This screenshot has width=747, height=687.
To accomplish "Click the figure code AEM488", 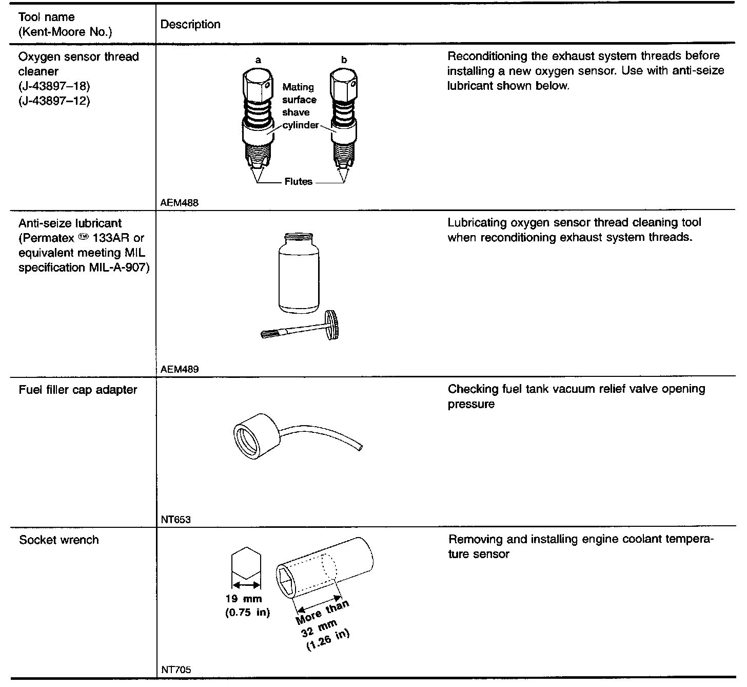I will click(x=180, y=203).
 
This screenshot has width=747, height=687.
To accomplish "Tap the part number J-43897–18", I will click(x=54, y=86).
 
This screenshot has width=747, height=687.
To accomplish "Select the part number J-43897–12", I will click(x=54, y=101).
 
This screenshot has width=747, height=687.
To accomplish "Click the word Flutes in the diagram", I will click(x=298, y=182).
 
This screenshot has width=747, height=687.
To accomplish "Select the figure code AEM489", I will click(x=180, y=369).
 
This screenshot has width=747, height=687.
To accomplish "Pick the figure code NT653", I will click(x=175, y=520).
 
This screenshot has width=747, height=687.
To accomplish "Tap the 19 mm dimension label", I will click(x=244, y=599).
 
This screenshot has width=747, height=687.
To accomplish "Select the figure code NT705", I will click(x=176, y=670).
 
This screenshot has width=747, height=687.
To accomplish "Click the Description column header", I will click(x=190, y=24).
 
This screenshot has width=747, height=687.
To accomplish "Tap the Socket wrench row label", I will click(x=58, y=540).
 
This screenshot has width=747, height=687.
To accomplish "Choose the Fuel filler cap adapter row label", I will click(x=78, y=390).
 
